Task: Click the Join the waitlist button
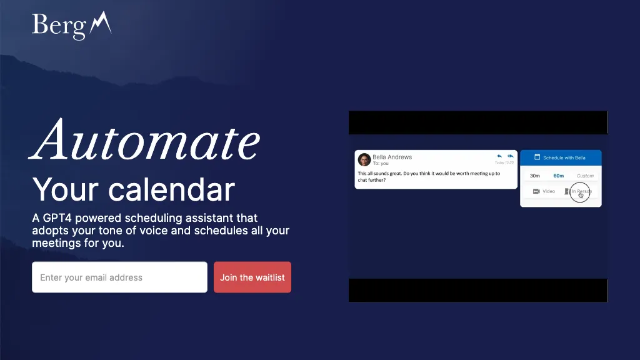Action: click(x=252, y=277)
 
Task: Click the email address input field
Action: click(x=119, y=277)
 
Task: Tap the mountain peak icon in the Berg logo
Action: click(x=101, y=24)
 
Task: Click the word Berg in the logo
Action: click(x=59, y=26)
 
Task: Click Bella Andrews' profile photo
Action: click(x=364, y=160)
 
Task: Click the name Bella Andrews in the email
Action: click(x=392, y=157)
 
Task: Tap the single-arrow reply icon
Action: click(x=499, y=156)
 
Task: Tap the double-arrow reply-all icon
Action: click(x=511, y=156)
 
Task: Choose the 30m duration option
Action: click(x=535, y=176)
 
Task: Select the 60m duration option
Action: click(x=558, y=176)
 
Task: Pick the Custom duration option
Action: click(x=585, y=176)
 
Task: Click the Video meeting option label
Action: click(x=549, y=191)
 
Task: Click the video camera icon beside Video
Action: click(x=536, y=191)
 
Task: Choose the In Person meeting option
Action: click(x=581, y=191)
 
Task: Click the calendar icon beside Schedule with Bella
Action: click(x=537, y=157)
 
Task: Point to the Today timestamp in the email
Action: click(x=504, y=162)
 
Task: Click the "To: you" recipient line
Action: click(x=381, y=164)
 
